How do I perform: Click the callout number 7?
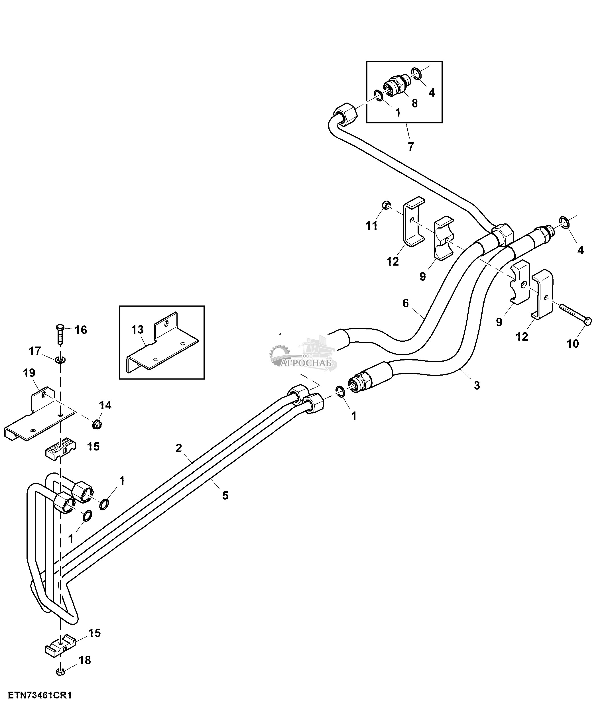411,147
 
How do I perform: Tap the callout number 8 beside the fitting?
414,103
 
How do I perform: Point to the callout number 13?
137,330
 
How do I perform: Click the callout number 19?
29,373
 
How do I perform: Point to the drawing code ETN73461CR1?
40,695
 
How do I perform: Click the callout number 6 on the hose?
405,303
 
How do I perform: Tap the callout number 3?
477,386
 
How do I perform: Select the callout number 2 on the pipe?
179,448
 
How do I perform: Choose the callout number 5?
225,496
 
